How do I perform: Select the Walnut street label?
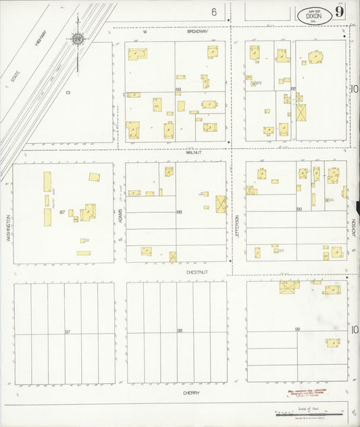194,153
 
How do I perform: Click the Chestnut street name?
196,272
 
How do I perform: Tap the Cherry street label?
191,393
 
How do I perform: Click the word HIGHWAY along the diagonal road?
40,46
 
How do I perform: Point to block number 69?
179,89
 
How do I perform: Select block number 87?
62,212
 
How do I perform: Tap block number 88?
179,212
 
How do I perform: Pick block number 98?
180,331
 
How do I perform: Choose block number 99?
297,329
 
